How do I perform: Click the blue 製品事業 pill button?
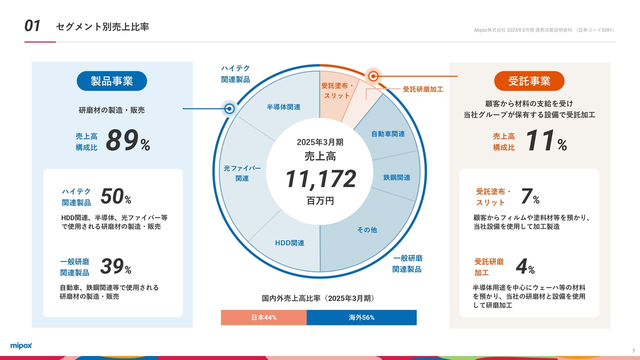[x=111, y=81]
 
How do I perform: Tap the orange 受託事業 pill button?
[x=529, y=81]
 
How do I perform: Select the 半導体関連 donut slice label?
[x=283, y=107]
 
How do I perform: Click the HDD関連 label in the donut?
[x=289, y=243]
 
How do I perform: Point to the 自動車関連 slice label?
[x=388, y=133]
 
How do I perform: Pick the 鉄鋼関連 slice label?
[x=396, y=177]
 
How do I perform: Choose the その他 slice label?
[x=367, y=229]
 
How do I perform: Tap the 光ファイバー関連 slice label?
[x=242, y=173]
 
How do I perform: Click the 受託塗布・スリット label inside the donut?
[x=337, y=90]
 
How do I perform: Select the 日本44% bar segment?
[x=263, y=317]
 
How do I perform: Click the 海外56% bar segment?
[x=361, y=317]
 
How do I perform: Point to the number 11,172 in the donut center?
[x=320, y=179]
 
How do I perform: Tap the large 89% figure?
[x=127, y=140]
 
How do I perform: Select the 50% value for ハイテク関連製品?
[x=115, y=196]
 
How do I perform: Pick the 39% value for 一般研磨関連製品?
[x=115, y=266]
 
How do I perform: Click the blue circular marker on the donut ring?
[x=229, y=108]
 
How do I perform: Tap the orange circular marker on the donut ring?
[x=373, y=76]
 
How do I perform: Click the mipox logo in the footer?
[x=21, y=345]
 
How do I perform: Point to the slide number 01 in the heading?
[x=32, y=25]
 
